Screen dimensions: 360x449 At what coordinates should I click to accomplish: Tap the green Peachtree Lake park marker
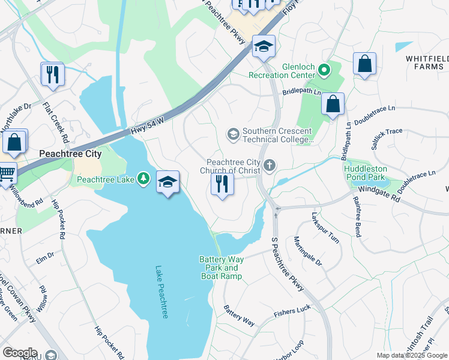(x=143, y=178)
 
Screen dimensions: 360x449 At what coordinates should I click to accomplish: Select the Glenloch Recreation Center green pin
(x=324, y=71)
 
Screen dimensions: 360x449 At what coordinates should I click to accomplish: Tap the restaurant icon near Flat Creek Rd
(x=52, y=74)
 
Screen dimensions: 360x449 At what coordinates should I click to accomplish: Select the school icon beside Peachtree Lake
(x=168, y=182)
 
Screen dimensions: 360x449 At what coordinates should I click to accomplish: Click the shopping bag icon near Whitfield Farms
(x=364, y=64)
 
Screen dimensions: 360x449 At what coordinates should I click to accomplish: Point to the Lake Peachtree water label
(x=161, y=292)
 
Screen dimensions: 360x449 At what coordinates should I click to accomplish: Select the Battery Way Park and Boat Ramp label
(x=221, y=268)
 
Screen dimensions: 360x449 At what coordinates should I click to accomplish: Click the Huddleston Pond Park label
(x=367, y=173)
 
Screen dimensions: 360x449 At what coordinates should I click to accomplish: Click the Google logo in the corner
(x=20, y=353)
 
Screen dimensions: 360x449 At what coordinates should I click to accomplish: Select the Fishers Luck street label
(x=292, y=311)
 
